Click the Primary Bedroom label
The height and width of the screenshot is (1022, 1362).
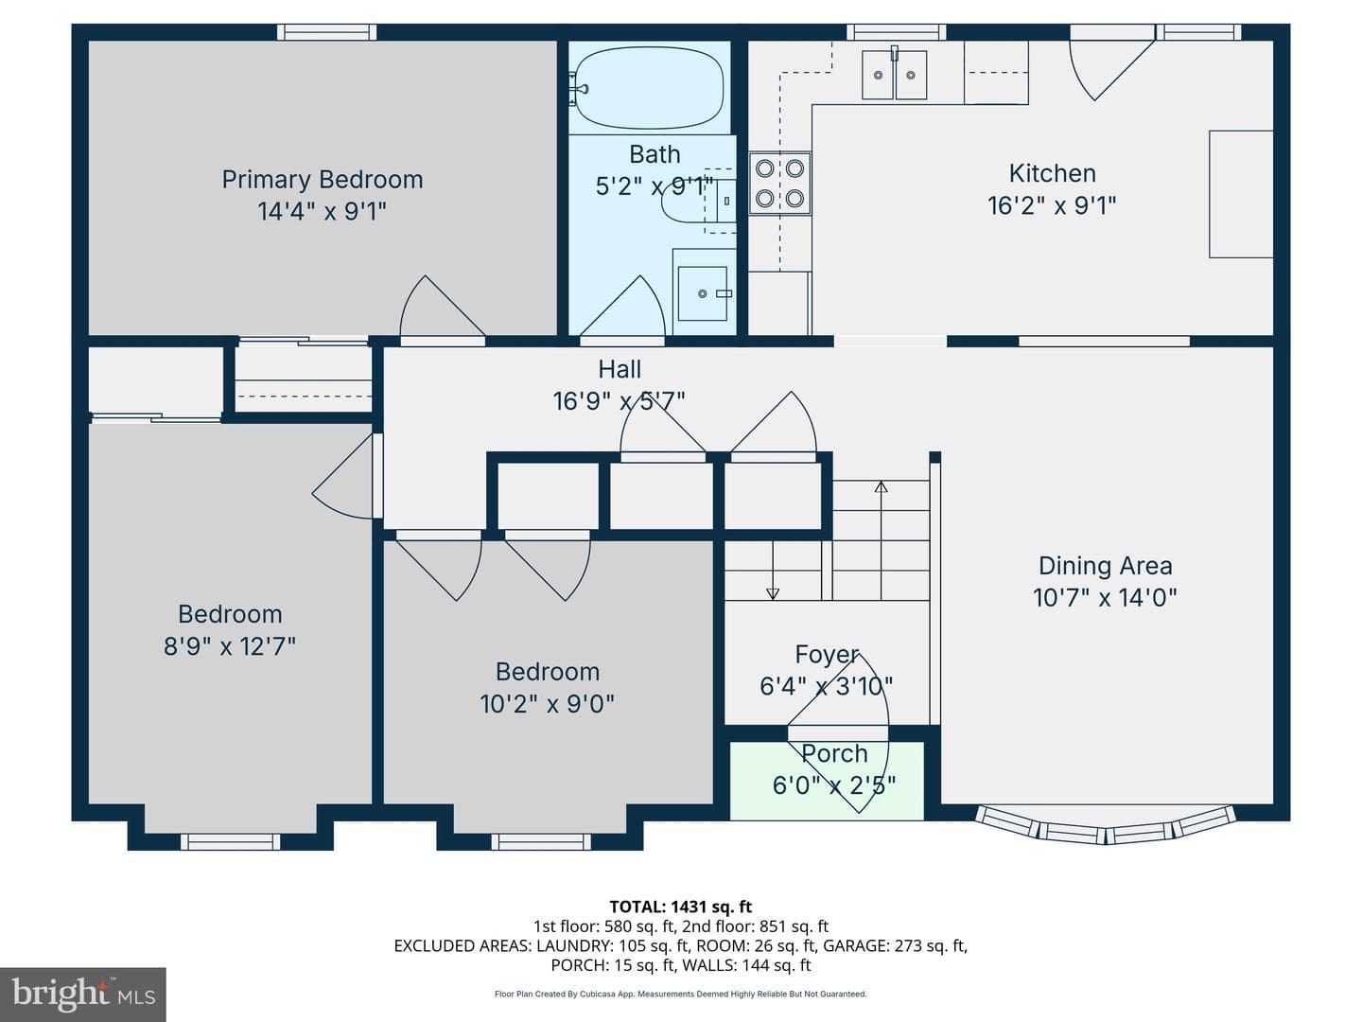(x=322, y=180)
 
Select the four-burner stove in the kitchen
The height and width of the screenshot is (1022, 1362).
(x=779, y=184)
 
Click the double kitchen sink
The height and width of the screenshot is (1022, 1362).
(x=894, y=75)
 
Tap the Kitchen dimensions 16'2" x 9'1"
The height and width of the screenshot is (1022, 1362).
(x=1052, y=205)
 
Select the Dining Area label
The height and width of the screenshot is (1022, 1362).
(x=1105, y=566)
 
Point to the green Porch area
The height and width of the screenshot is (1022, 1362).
(x=827, y=781)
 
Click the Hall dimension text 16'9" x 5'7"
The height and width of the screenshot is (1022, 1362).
(x=619, y=401)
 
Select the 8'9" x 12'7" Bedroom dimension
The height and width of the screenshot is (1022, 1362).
(x=230, y=646)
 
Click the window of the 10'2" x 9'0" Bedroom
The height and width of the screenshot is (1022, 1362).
(x=541, y=841)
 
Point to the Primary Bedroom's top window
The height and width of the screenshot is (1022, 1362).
(x=326, y=32)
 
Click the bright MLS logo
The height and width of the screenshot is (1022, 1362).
(x=82, y=994)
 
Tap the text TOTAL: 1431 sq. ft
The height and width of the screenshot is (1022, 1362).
(x=681, y=907)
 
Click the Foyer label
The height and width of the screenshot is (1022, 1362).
(x=827, y=655)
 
